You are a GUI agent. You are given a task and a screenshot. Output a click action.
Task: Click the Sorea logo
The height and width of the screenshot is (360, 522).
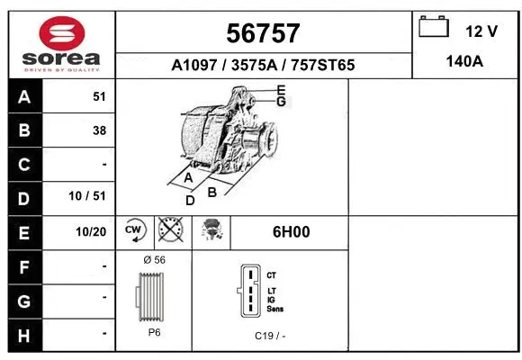(59, 45)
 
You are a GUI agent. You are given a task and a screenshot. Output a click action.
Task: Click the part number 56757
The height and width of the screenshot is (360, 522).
(263, 33)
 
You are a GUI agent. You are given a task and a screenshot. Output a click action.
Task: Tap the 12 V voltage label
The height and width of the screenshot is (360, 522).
(481, 31)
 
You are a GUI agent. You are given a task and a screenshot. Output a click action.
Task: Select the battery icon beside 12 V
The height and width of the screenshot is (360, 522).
(434, 28)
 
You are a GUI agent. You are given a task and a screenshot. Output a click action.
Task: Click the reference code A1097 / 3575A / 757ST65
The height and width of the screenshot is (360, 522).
(263, 65)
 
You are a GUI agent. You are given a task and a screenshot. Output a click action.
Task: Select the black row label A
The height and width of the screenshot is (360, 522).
(24, 97)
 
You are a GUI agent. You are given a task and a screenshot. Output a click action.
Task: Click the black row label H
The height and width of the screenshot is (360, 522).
(24, 334)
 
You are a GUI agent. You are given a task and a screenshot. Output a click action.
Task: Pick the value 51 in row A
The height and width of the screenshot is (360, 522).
(99, 97)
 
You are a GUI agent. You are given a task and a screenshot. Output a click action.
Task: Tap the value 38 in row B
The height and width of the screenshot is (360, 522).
(99, 130)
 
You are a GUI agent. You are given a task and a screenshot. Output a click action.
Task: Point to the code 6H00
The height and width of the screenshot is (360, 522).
(291, 231)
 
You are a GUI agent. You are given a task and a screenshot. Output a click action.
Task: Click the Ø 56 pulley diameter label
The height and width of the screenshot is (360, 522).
(155, 259)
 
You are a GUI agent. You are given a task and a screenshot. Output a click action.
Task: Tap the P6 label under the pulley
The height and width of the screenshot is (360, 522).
(155, 332)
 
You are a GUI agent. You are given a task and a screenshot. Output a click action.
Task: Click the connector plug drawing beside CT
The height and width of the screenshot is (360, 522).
(248, 291)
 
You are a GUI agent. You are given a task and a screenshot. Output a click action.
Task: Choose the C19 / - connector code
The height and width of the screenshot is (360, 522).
(270, 336)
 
